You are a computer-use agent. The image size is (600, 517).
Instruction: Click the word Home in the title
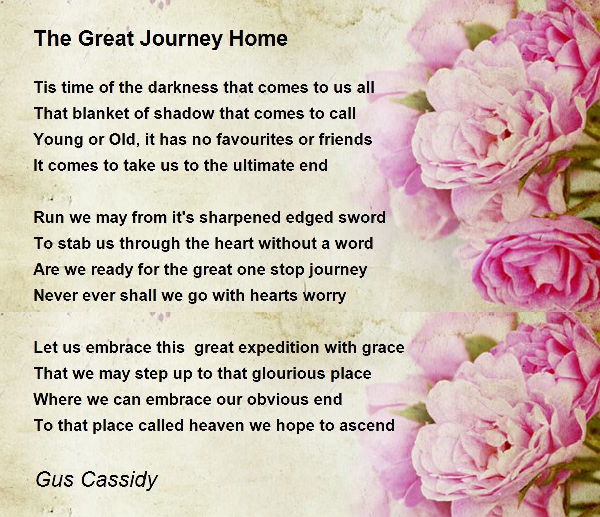click(258, 38)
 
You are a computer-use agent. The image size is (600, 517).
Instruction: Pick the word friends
click(345, 139)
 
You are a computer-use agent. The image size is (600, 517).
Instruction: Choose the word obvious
click(278, 399)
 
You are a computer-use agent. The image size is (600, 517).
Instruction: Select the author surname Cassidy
click(119, 479)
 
